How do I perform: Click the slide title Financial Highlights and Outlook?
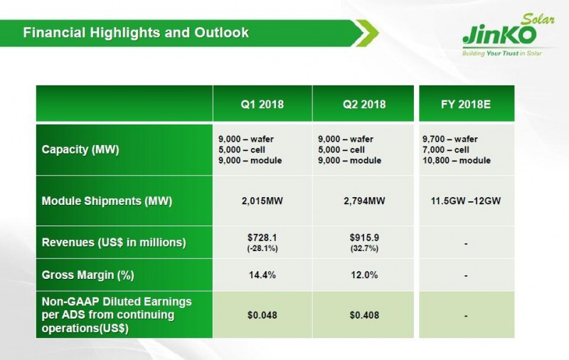tap(135, 33)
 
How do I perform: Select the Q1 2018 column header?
tap(262, 104)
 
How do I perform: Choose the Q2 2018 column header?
tap(363, 104)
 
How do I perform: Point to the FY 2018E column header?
tap(466, 104)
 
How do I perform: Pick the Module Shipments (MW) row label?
tap(107, 201)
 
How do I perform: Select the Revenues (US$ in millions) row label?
tap(114, 243)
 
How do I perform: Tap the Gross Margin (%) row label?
tap(88, 275)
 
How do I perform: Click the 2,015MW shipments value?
tap(262, 201)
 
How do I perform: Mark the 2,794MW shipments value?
tap(363, 201)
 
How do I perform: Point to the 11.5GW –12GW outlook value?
tap(466, 201)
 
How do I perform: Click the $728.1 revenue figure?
tap(262, 238)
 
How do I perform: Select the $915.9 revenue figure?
tap(363, 238)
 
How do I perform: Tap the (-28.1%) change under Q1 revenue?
tap(262, 248)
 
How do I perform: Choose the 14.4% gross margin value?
tap(262, 275)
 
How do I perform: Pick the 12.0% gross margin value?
tap(363, 275)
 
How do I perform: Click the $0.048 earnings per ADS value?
tap(262, 314)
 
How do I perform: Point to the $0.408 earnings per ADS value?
tap(363, 314)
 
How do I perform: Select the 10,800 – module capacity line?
tap(456, 161)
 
